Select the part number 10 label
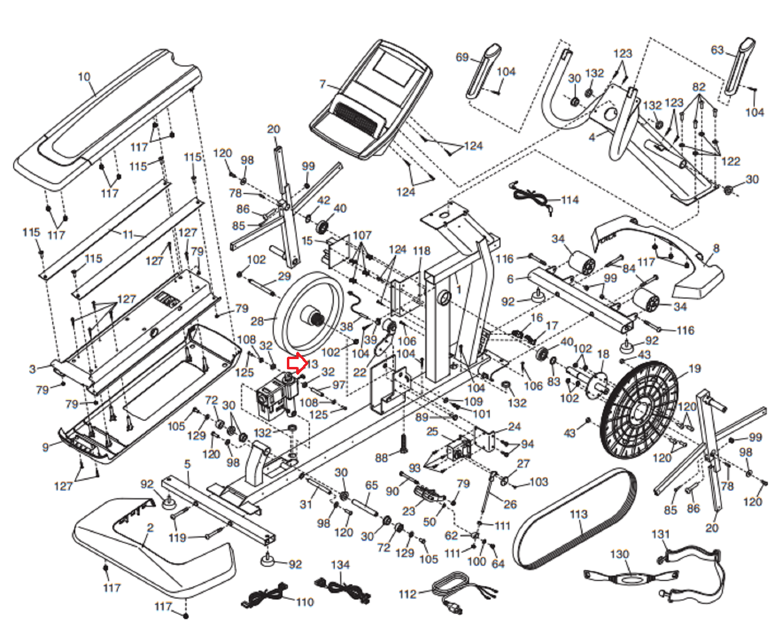[84, 77]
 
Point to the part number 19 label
[695, 368]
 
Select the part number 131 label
[660, 534]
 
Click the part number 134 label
[340, 565]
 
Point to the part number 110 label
[304, 602]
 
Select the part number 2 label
[150, 528]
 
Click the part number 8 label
[716, 248]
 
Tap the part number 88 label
[381, 458]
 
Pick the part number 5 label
[187, 464]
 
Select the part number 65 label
[371, 485]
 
